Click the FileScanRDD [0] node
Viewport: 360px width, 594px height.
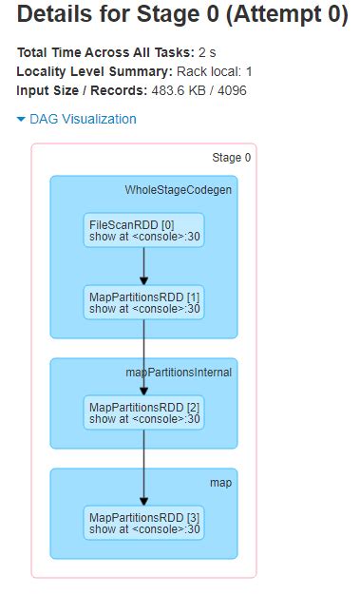coord(143,229)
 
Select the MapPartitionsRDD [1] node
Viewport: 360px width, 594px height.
coord(143,301)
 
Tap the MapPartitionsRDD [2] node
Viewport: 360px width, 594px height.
coord(143,412)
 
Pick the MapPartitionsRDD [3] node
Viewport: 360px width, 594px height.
coord(143,522)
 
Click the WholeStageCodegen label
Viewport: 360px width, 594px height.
coord(178,190)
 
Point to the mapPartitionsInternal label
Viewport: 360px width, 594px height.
coord(180,372)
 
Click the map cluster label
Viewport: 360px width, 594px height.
coord(220,483)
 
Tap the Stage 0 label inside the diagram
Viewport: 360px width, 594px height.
coord(231,158)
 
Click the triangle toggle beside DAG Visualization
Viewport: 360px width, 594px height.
coord(21,120)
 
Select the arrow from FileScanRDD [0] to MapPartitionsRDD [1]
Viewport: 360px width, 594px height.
coord(143,265)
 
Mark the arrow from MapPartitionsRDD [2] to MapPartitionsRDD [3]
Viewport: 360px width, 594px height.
coord(143,467)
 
